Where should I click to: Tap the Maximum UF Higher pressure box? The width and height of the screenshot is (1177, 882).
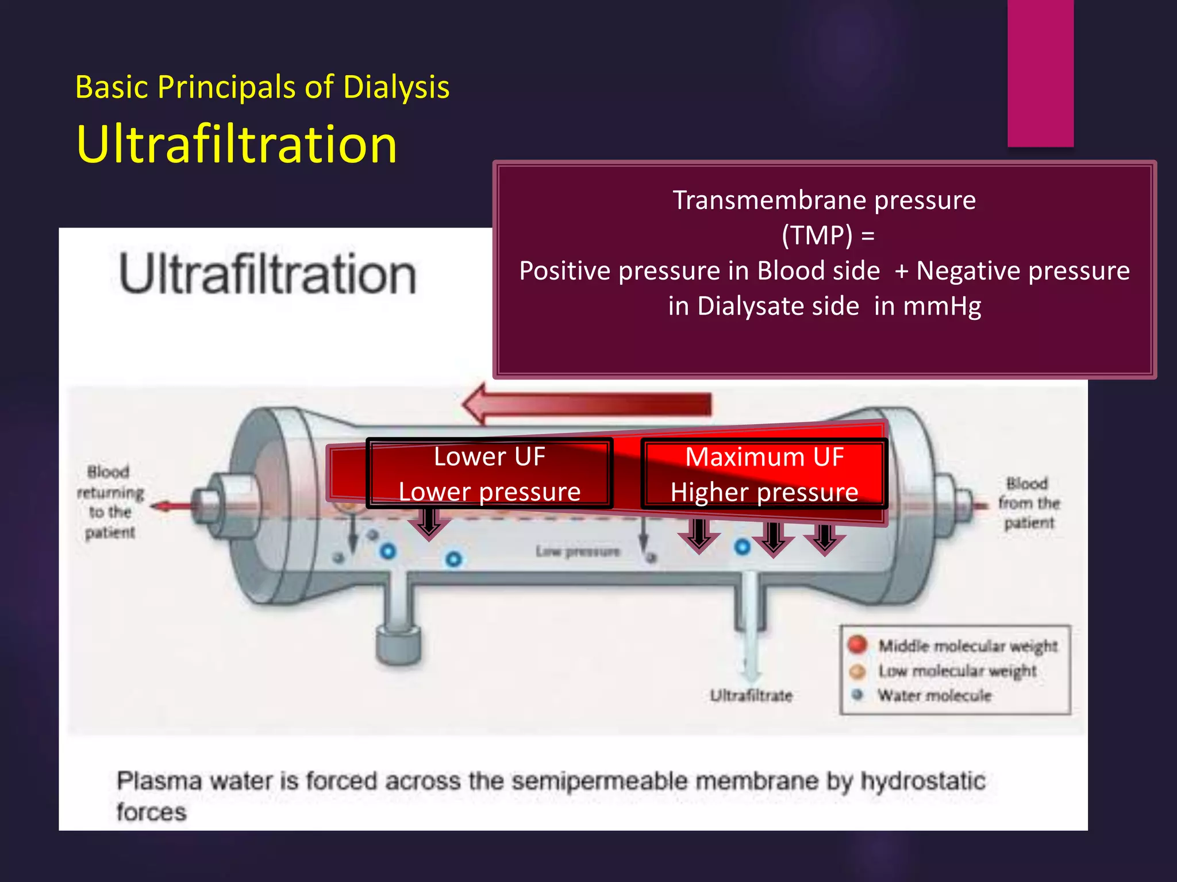(x=764, y=474)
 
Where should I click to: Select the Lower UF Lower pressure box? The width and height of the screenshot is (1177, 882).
(x=489, y=474)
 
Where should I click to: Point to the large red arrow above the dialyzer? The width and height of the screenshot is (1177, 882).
(x=586, y=404)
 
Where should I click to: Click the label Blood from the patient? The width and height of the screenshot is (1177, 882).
(x=1029, y=503)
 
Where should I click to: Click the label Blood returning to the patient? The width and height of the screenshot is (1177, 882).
(x=110, y=502)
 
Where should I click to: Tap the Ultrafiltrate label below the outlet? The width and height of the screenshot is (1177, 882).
(x=751, y=695)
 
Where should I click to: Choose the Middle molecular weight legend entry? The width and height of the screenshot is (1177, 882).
(x=967, y=645)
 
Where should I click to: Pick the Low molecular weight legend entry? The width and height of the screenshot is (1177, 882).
(x=957, y=671)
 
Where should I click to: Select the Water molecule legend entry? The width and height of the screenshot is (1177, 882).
(x=934, y=695)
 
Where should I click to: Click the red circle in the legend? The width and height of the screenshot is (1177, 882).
(x=857, y=644)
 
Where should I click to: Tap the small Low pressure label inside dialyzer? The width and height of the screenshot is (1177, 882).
(x=578, y=552)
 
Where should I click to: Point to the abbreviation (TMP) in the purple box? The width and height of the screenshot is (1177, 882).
(x=817, y=235)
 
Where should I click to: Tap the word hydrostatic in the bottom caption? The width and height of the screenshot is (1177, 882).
(x=922, y=781)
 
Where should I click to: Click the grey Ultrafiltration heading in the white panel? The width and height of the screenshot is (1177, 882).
(x=267, y=274)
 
